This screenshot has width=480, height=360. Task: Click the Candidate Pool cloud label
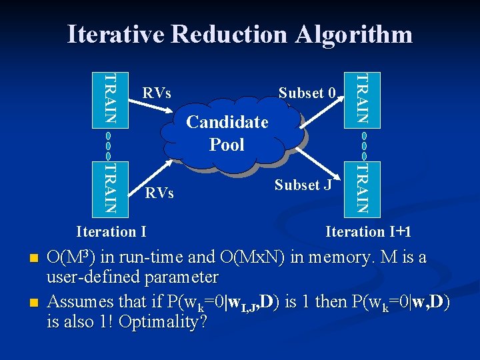[227, 133]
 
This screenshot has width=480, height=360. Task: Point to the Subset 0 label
[307, 93]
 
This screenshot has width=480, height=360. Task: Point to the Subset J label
[303, 185]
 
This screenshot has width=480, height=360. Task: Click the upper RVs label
[157, 93]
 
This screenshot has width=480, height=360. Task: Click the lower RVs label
[160, 193]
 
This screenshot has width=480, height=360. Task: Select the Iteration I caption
[112, 231]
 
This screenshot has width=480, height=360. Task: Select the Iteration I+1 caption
[368, 231]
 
